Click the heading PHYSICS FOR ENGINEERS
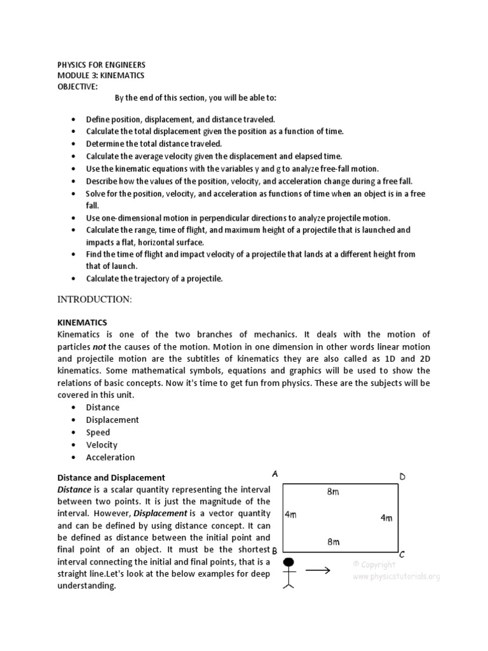[x=101, y=65]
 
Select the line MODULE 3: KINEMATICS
[x=100, y=76]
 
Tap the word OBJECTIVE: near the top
[x=78, y=86]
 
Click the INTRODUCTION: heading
[x=95, y=299]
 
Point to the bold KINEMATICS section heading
[x=82, y=323]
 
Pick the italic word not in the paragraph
[x=99, y=346]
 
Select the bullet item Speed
[x=98, y=432]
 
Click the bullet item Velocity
[x=102, y=445]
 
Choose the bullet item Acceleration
[x=111, y=457]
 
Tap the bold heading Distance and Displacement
[x=111, y=477]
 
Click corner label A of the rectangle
[x=275, y=474]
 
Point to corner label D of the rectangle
[x=402, y=477]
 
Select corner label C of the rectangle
[x=402, y=554]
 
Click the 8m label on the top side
[x=333, y=491]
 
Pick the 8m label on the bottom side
[x=333, y=542]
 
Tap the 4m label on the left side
[x=290, y=514]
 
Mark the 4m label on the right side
[x=386, y=518]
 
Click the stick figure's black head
[x=290, y=562]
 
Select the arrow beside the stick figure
[x=318, y=570]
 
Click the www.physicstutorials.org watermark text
[x=396, y=577]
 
